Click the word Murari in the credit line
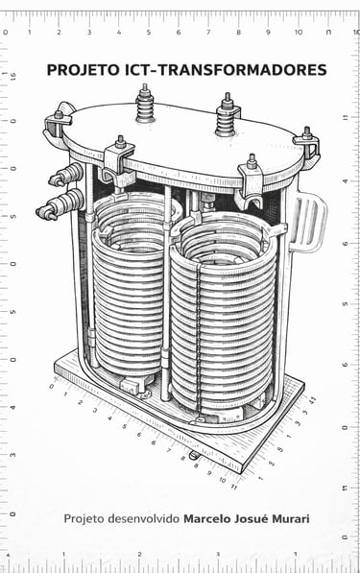tap(291, 519)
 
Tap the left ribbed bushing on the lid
tap(145, 105)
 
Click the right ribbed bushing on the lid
tap(227, 115)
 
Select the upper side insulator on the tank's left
tap(66, 175)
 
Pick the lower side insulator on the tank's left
tap(60, 204)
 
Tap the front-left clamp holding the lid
tap(118, 160)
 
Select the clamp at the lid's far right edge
tap(307, 143)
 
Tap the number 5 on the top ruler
tap(149, 33)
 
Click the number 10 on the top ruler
tap(299, 33)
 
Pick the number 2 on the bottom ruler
tap(139, 555)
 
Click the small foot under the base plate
tap(194, 455)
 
